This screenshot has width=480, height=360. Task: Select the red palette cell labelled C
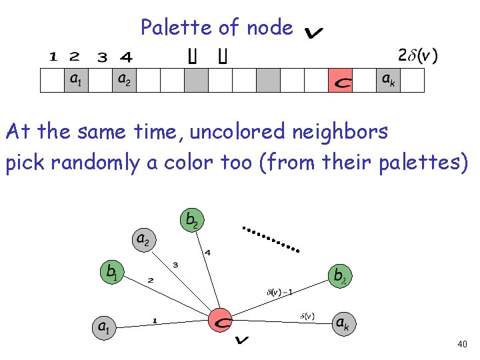[x=341, y=81]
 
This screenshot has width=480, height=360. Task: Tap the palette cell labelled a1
[x=76, y=81]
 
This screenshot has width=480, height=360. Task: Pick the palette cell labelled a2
[x=124, y=81]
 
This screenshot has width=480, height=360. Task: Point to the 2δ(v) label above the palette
[x=417, y=55]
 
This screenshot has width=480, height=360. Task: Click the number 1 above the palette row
[x=52, y=57]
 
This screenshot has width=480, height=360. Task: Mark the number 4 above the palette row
[x=126, y=57]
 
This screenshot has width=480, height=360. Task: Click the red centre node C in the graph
[x=221, y=321]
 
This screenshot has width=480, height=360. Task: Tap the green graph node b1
[x=112, y=271]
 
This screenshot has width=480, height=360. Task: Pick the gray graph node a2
[x=143, y=239]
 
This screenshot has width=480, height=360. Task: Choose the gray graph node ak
[x=342, y=324]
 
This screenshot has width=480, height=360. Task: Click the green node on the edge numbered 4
[x=191, y=219]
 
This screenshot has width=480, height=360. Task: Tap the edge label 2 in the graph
[x=150, y=280]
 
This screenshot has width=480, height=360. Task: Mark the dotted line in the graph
[x=270, y=239]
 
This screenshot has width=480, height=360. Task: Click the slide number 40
[x=463, y=345]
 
